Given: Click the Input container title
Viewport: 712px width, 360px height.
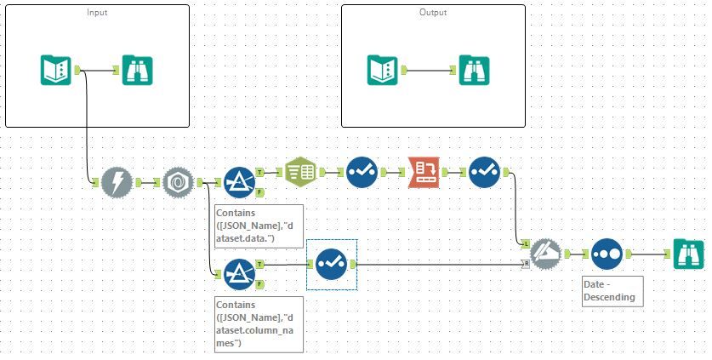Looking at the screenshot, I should pyautogui.click(x=96, y=13).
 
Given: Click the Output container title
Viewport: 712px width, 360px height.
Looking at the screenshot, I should pyautogui.click(x=432, y=13).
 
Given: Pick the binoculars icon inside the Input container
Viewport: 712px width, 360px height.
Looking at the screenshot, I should pyautogui.click(x=136, y=70).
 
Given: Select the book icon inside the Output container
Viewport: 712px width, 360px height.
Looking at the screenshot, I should pyautogui.click(x=383, y=70).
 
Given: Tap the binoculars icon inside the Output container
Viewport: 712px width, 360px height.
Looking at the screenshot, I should pyautogui.click(x=474, y=70).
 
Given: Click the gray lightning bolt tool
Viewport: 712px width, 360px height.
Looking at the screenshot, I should pyautogui.click(x=116, y=182).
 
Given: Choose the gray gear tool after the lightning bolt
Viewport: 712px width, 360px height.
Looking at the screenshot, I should pyautogui.click(x=178, y=182).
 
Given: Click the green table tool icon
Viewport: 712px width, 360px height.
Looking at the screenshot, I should pyautogui.click(x=300, y=172).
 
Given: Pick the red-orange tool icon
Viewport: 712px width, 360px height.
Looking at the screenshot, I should pyautogui.click(x=423, y=172).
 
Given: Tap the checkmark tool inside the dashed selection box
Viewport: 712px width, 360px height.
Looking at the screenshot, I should pyautogui.click(x=330, y=265).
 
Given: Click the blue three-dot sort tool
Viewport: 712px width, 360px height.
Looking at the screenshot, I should pyautogui.click(x=606, y=254).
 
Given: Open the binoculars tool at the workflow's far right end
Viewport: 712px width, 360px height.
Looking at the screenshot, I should pyautogui.click(x=689, y=254).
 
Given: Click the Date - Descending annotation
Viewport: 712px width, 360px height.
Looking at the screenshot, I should pyautogui.click(x=607, y=290).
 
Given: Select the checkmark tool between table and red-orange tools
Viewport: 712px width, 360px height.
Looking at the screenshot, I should pyautogui.click(x=362, y=172).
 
